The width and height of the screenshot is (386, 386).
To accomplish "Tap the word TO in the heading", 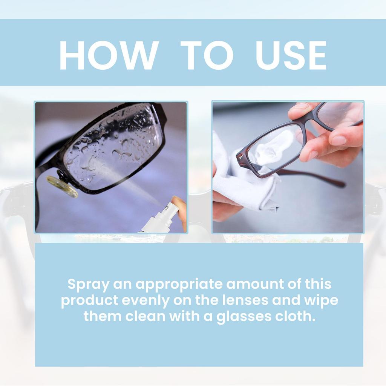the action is click(207, 55).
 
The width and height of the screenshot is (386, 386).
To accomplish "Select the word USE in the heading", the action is click(291, 55).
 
